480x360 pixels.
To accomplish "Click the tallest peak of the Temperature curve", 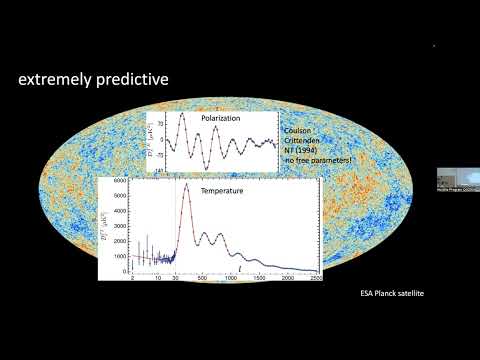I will coord(185,185).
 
